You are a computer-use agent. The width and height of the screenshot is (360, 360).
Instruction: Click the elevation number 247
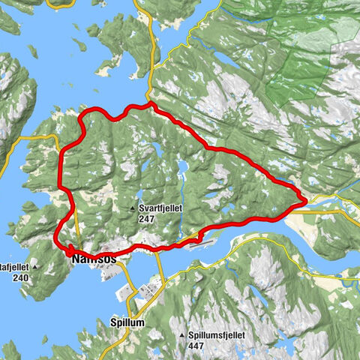tap(146, 219)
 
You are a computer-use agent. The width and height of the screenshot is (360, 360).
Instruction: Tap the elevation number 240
tap(19, 277)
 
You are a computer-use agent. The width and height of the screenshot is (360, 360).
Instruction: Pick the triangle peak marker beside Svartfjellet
tap(132, 208)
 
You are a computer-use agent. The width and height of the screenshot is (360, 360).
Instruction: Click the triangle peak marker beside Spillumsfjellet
tap(182, 334)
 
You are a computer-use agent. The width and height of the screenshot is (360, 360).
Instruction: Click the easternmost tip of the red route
tap(303, 200)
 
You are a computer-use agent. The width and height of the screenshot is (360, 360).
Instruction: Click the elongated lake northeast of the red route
tap(225, 80)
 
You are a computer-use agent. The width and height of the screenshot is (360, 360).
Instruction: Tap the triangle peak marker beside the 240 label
tap(34, 266)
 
